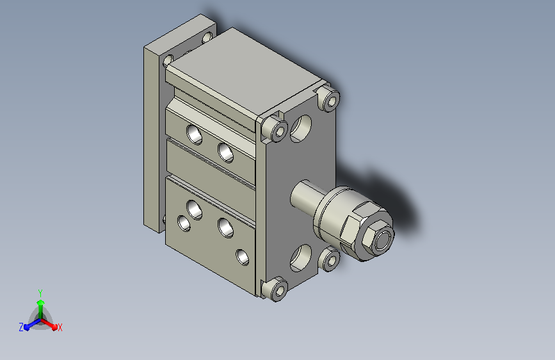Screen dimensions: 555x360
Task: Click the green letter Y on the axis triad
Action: [40, 293]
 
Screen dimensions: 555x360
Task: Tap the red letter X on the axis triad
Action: [60, 327]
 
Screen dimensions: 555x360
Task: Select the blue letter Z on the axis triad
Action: [21, 327]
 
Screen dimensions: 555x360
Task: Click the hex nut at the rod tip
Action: [378, 239]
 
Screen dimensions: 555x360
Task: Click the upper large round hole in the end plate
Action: [302, 128]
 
